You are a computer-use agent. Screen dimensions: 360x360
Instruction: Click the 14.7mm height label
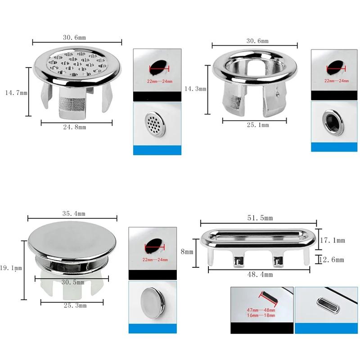pos(16,93)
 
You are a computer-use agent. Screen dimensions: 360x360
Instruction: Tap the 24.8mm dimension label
pos(75,127)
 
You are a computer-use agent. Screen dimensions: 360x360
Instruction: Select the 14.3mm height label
pos(195,89)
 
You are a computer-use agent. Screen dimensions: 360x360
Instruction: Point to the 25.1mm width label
pos(258,125)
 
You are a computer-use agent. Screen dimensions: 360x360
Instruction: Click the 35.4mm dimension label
pos(74,213)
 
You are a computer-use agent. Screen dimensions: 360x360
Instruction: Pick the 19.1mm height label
pos(11,268)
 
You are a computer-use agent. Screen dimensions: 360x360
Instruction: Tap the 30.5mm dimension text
pos(73,282)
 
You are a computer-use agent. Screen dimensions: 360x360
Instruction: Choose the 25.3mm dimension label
pos(75,306)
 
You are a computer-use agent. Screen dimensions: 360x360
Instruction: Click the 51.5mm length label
pos(260,218)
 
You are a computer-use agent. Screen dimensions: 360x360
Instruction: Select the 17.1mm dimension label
pos(333,240)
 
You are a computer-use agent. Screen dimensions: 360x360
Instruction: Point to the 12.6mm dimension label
pos(332,260)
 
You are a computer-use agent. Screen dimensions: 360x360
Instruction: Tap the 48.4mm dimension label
pos(260,274)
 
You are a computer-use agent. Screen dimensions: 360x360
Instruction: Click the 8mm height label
pos(187,252)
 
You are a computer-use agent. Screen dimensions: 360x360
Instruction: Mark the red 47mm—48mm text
pos(261,310)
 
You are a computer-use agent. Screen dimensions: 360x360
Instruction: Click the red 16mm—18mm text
pos(261,315)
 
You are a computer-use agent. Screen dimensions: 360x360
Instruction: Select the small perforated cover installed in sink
pos(155,125)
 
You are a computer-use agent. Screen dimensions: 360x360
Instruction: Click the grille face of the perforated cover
pos(77,63)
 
